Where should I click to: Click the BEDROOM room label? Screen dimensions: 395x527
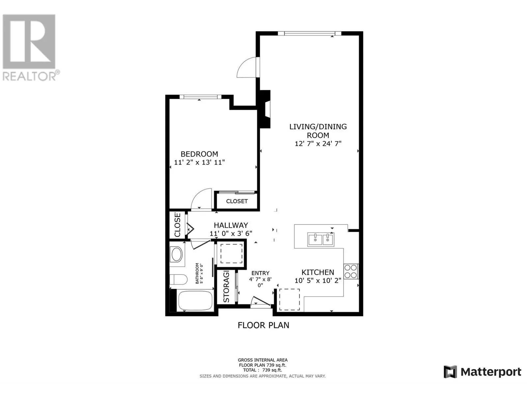coord(199,154)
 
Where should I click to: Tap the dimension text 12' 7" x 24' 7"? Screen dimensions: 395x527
coord(318,144)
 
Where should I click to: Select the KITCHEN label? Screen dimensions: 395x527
coord(318,272)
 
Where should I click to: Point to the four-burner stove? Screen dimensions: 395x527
coord(351,272)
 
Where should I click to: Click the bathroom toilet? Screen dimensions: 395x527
coord(178,280)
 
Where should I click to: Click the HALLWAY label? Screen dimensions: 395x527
coord(231,225)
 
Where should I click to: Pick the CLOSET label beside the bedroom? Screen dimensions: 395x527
coord(237,201)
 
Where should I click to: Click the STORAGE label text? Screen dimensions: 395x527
coord(226,287)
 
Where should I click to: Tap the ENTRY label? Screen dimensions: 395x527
coord(260,273)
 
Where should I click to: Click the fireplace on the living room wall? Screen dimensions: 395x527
coord(265,109)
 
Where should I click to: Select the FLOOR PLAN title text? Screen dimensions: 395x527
coord(263,325)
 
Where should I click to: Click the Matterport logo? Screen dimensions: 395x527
coord(482,372)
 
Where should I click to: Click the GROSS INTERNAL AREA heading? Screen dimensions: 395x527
coord(263,360)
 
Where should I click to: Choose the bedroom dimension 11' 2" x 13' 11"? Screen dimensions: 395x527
coord(199,162)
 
